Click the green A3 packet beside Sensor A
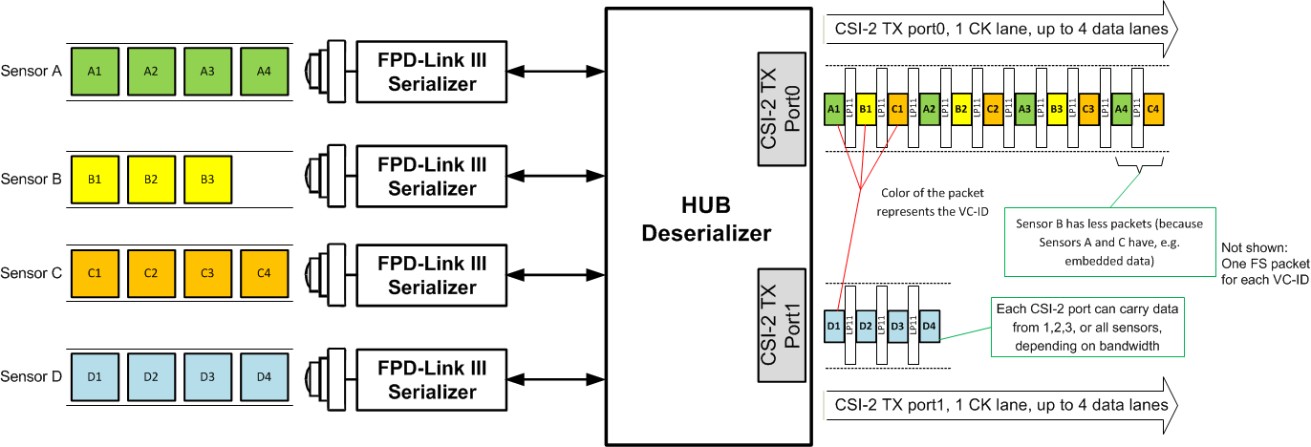(206, 71)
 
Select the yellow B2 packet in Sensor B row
(150, 179)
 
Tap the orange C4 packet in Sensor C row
(263, 273)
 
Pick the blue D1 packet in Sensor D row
(94, 375)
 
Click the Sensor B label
(32, 179)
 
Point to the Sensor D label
(32, 375)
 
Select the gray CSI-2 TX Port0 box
(781, 106)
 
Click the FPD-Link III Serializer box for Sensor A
(432, 72)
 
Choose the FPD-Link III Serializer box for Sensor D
(432, 376)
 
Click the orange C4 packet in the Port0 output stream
(1153, 109)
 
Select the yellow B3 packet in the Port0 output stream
(1058, 109)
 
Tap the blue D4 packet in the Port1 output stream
(929, 327)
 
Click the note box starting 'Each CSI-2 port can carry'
(1087, 328)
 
